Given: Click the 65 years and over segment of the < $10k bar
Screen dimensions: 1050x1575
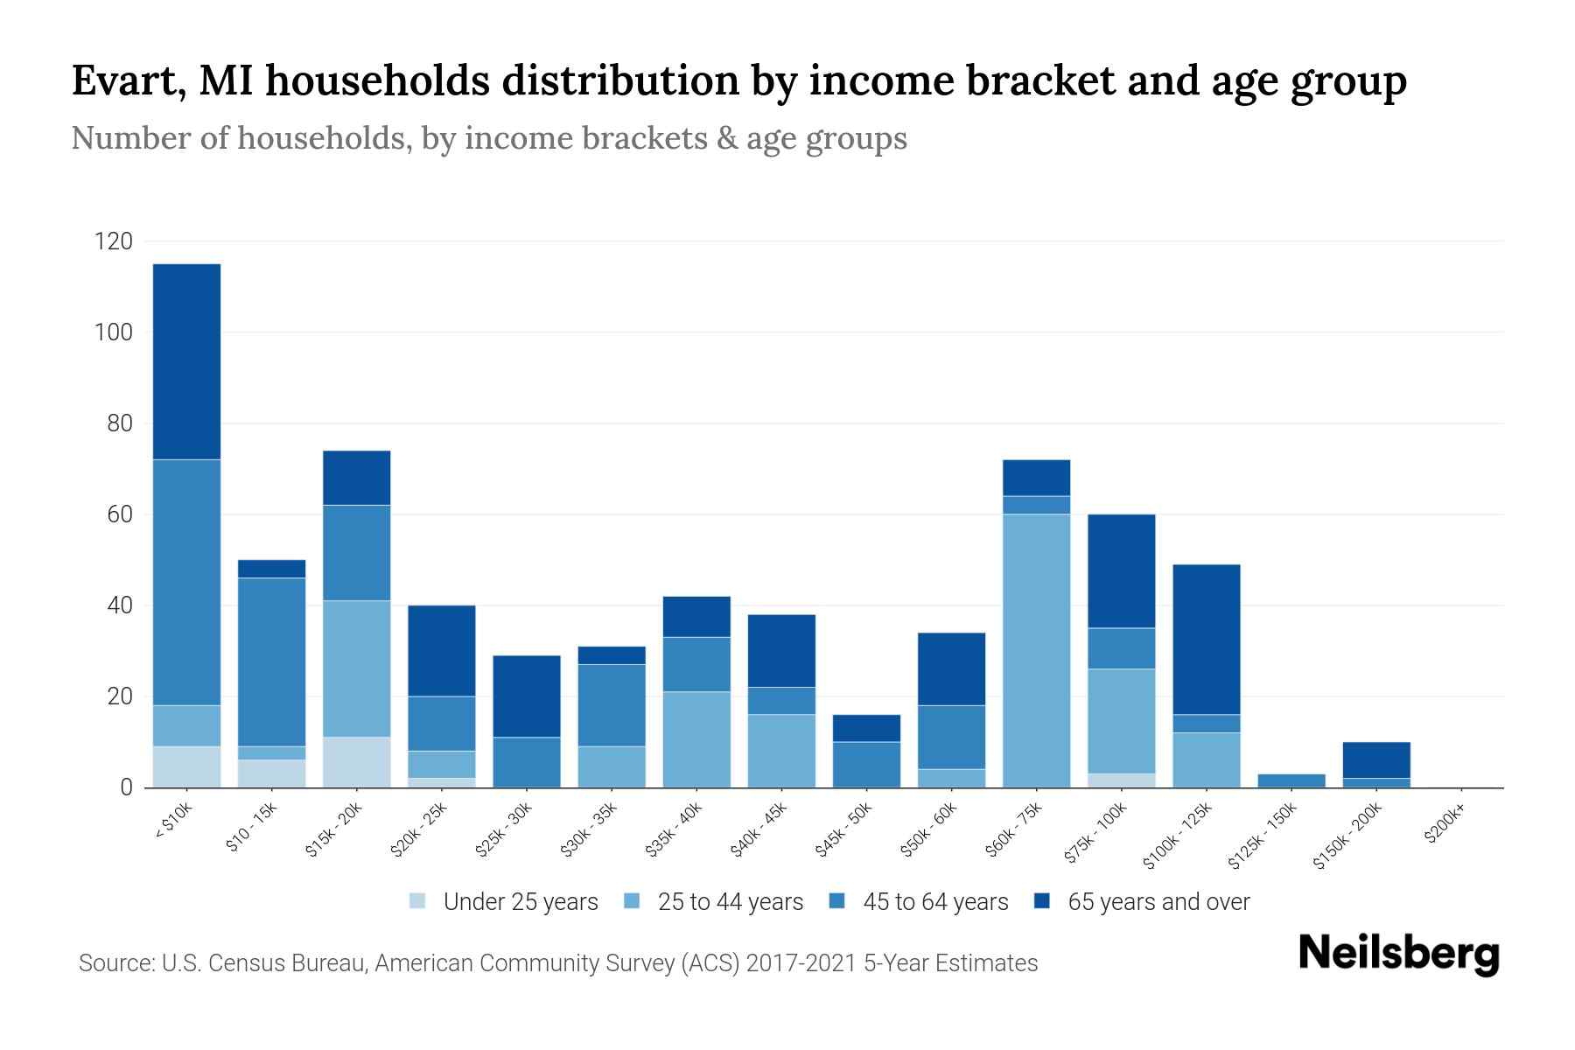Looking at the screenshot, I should (x=186, y=361).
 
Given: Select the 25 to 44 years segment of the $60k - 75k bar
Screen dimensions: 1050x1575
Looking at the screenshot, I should (x=1036, y=650).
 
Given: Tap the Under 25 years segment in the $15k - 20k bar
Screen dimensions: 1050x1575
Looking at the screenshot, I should (x=356, y=762).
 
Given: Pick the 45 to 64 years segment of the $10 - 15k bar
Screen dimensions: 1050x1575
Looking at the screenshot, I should (x=271, y=661).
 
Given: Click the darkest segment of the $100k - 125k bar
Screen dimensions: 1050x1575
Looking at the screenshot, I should (x=1206, y=640).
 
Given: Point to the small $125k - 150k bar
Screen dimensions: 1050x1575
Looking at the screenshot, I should (x=1291, y=780).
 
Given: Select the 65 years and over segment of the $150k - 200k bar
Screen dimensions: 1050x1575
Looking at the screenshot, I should (x=1375, y=759).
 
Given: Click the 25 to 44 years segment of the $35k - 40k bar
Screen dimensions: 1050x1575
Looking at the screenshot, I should (x=696, y=739).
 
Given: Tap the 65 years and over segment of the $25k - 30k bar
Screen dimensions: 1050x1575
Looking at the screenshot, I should (x=526, y=696).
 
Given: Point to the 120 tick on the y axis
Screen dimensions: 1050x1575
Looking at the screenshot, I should (x=114, y=241).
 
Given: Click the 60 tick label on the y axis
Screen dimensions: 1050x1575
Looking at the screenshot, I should (x=120, y=514).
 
